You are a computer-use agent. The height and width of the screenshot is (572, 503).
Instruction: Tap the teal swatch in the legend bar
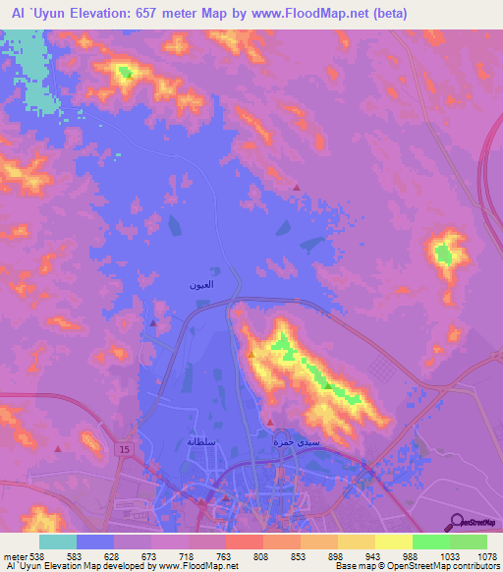point(58,542)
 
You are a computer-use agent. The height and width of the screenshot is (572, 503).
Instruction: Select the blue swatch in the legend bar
point(95,542)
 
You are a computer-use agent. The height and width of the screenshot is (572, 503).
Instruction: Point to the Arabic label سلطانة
point(201,441)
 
